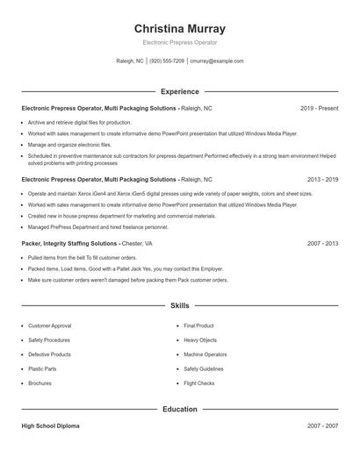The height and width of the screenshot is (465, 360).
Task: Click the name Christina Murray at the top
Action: pyautogui.click(x=179, y=28)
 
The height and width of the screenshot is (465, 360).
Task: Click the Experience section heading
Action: pyautogui.click(x=179, y=91)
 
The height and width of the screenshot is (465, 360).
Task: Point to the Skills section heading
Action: pyautogui.click(x=179, y=305)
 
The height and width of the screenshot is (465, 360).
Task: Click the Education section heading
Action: pyautogui.click(x=179, y=409)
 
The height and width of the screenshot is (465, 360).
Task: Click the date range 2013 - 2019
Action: pyautogui.click(x=322, y=179)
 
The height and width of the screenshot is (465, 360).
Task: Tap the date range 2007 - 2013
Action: pyautogui.click(x=322, y=243)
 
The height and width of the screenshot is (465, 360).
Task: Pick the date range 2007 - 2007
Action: pyautogui.click(x=322, y=426)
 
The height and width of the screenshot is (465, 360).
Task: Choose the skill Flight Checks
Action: pyautogui.click(x=199, y=383)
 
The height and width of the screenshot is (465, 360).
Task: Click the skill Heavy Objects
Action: pyautogui.click(x=201, y=340)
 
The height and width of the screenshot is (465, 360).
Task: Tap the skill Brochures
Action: pyautogui.click(x=40, y=383)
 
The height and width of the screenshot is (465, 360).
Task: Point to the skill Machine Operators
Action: pyautogui.click(x=205, y=354)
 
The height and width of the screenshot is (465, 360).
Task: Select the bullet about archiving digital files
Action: pyautogui.click(x=79, y=123)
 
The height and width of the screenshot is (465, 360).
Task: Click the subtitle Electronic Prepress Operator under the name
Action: pyautogui.click(x=179, y=42)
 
